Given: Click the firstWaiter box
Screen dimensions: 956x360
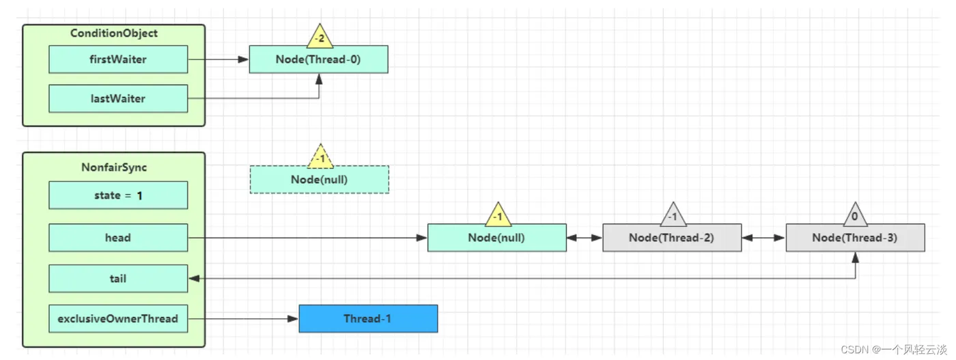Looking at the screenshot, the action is click(x=118, y=59).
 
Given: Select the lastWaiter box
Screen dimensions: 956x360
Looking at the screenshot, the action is click(x=118, y=98).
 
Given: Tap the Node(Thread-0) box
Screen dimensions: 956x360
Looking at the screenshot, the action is click(x=318, y=59).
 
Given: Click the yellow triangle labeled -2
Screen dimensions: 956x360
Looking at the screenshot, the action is click(x=320, y=36).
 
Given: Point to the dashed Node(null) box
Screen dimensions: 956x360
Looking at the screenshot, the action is click(x=320, y=180).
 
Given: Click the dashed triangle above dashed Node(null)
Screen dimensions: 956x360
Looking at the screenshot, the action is click(x=320, y=156).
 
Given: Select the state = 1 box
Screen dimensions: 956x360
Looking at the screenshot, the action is click(x=118, y=195).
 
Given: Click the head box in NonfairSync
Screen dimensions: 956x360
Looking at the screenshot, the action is click(x=118, y=238).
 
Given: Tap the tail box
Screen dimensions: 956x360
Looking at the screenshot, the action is click(x=118, y=279).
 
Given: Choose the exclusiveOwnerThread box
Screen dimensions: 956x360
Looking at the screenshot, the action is click(x=118, y=318).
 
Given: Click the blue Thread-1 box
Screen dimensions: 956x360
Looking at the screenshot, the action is click(x=368, y=318).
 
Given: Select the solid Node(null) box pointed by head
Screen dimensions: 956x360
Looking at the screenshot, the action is click(x=497, y=238).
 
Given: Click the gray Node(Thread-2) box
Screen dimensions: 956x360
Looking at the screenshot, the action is click(x=672, y=238).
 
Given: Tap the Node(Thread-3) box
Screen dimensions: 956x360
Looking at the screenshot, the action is click(x=855, y=238).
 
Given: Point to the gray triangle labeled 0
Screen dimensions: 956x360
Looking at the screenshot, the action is click(x=855, y=214).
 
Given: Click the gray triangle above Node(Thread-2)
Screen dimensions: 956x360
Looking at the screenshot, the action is click(x=673, y=214).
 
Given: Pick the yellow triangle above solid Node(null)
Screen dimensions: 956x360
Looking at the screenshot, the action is click(x=498, y=214).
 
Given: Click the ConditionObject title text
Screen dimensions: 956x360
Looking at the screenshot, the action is click(x=114, y=33).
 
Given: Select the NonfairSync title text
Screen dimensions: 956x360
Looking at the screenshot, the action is click(x=114, y=167).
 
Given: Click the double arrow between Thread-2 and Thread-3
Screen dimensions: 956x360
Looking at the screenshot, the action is click(x=764, y=238).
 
